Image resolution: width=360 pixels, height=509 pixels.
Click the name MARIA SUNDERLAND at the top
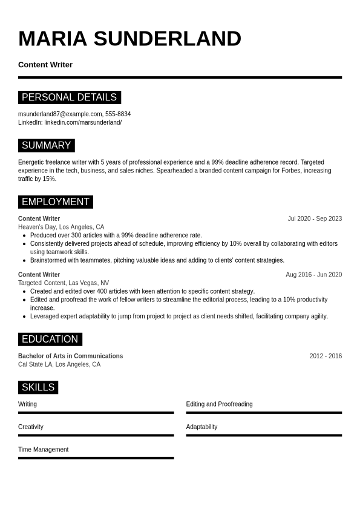(x=129, y=39)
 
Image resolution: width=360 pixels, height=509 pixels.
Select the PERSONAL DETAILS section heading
(x=69, y=97)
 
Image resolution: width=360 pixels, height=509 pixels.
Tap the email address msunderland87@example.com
(x=60, y=114)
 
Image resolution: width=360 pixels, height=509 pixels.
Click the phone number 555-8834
(x=118, y=114)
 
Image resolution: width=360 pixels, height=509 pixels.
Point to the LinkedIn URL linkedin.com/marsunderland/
(x=83, y=122)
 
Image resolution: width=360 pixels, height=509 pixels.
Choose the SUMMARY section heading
(x=46, y=145)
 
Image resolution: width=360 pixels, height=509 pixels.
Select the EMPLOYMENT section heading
(x=55, y=202)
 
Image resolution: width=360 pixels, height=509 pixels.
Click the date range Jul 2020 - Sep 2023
(x=315, y=218)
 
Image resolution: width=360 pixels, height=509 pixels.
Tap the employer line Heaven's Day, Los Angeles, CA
(x=61, y=227)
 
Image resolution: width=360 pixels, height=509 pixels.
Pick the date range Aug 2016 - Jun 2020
(x=313, y=274)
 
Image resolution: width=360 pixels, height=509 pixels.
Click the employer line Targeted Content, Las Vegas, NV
(x=64, y=283)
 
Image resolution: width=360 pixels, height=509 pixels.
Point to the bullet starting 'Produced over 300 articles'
(x=116, y=235)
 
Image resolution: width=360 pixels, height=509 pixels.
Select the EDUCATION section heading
(x=50, y=339)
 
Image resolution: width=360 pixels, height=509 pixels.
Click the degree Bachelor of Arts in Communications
(x=70, y=356)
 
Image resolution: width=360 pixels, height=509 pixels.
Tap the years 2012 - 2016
(x=326, y=356)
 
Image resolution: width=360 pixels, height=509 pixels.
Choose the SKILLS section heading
(x=38, y=387)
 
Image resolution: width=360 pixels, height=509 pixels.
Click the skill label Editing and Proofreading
(x=219, y=404)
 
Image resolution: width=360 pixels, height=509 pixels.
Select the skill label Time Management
(x=43, y=450)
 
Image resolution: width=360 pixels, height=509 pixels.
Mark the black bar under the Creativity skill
(x=96, y=435)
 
